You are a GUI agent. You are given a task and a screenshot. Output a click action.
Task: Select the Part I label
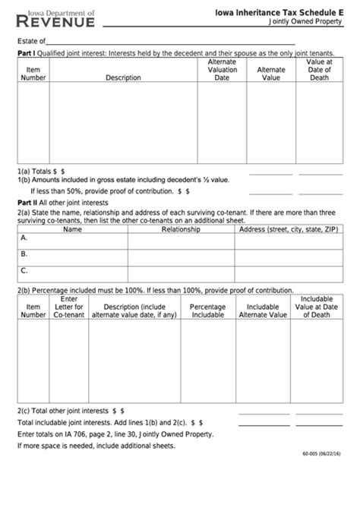pos(27,54)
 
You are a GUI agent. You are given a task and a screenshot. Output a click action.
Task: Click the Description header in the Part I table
pos(122,77)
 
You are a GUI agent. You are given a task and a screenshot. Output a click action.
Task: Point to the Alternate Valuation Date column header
pos(222,69)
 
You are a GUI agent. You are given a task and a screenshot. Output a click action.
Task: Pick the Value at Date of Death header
pos(319,69)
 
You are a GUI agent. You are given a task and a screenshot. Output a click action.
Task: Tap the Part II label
pos(28,204)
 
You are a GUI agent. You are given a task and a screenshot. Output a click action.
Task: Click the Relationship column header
pos(181,229)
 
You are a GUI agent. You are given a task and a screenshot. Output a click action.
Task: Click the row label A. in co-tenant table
pos(24,238)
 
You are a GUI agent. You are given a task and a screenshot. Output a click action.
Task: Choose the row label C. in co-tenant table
pos(24,270)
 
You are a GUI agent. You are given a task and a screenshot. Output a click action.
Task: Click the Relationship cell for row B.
pos(181,254)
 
